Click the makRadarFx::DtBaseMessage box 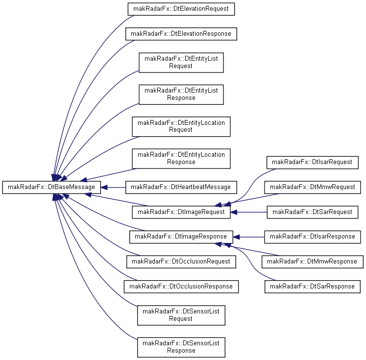[x=51, y=188]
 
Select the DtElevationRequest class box [x=181, y=9]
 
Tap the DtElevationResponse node [x=181, y=34]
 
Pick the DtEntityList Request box [x=181, y=63]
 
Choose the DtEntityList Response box [x=181, y=95]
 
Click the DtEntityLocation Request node [x=181, y=126]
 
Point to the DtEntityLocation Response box [x=181, y=158]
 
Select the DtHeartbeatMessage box [x=181, y=188]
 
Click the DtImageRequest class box [x=181, y=212]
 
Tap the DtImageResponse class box [x=181, y=237]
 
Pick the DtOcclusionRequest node [x=181, y=262]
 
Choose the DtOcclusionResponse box [x=181, y=287]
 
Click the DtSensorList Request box [x=181, y=315]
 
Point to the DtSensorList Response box [x=181, y=347]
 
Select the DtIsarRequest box [x=313, y=163]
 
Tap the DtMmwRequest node [x=313, y=188]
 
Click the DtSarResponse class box [x=313, y=287]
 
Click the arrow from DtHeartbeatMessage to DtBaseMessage [x=113, y=188]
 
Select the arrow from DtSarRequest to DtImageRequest [x=248, y=212]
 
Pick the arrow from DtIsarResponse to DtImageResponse [x=248, y=237]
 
